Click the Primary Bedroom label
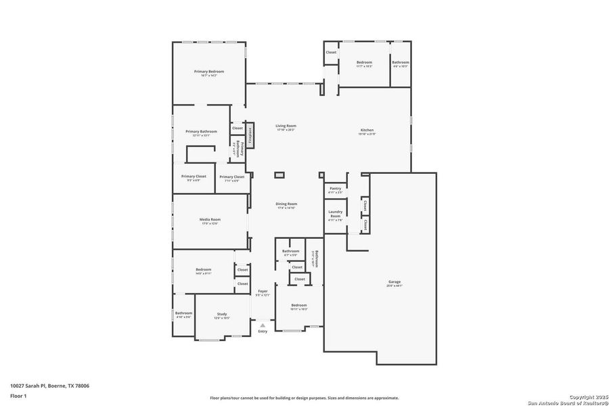(x=208, y=72)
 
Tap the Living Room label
(x=286, y=126)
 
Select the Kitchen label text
(x=367, y=130)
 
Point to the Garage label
(x=394, y=281)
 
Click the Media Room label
(x=210, y=219)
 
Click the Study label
(x=222, y=314)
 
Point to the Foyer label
(x=263, y=292)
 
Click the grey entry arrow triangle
(x=263, y=325)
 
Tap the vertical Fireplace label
(x=249, y=135)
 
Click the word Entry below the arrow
(x=263, y=331)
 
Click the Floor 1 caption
(x=18, y=394)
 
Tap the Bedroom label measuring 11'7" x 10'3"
(x=365, y=62)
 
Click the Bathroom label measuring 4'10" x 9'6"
(x=183, y=313)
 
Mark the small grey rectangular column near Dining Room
(x=279, y=175)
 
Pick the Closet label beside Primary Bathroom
(x=238, y=128)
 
